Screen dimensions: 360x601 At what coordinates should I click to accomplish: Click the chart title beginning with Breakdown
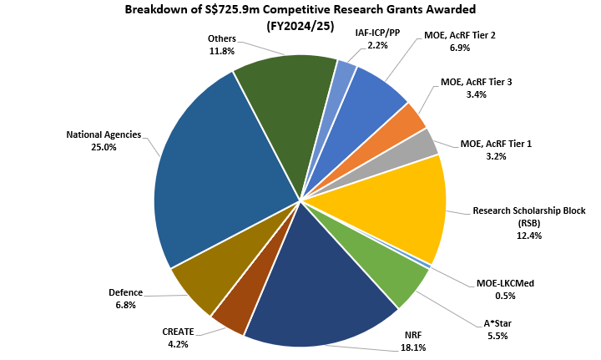[300, 11]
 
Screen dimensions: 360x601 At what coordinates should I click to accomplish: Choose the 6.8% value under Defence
[125, 306]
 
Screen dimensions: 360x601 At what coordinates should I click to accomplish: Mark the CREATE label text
[178, 331]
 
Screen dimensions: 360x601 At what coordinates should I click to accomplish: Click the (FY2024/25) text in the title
[300, 27]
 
